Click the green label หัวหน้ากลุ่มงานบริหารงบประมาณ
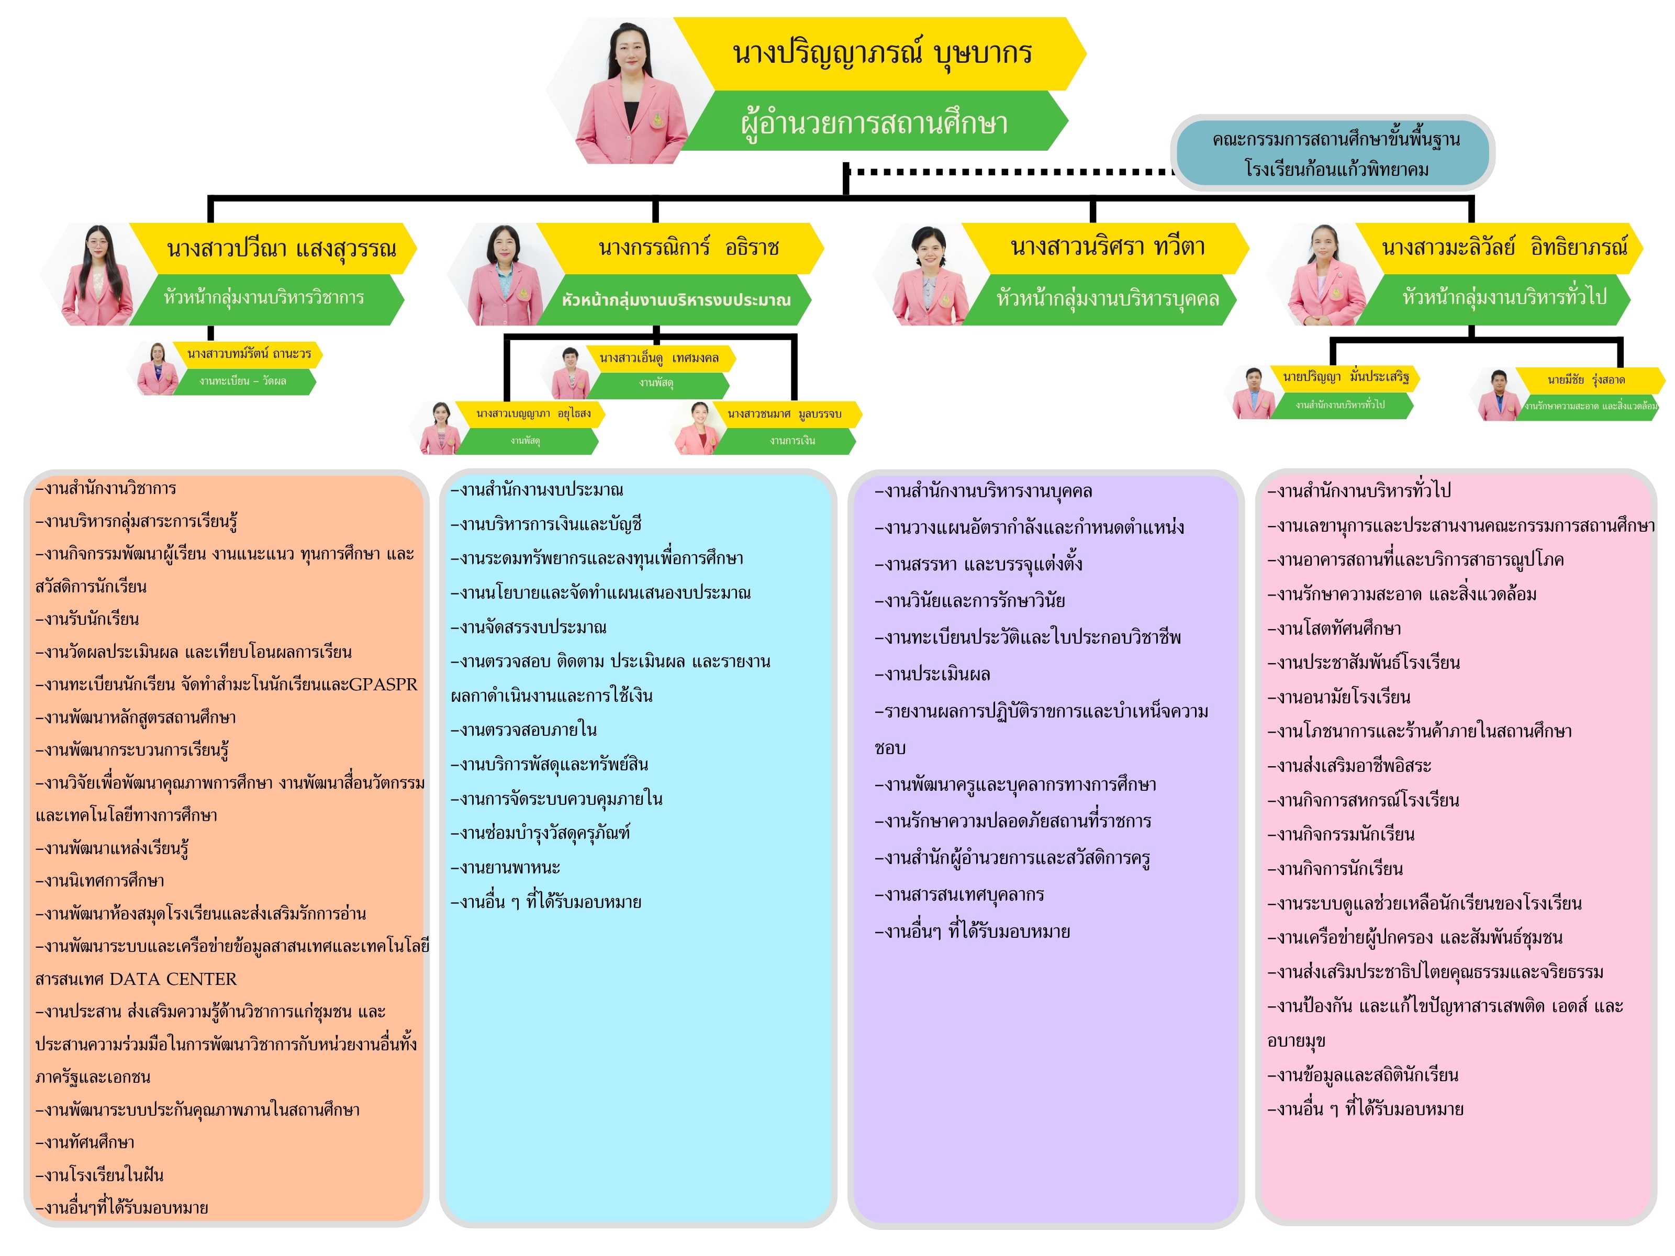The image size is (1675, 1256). pos(675,300)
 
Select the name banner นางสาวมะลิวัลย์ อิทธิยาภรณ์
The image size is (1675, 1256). pos(1503,248)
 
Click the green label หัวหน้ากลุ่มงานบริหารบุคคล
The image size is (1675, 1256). pos(1107,299)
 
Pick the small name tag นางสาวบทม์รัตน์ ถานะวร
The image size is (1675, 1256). pos(249,354)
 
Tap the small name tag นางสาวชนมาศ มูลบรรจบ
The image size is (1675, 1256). pos(784,414)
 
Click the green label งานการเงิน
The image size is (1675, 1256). pos(792,441)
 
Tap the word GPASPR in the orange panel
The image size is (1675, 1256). pos(383,685)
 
